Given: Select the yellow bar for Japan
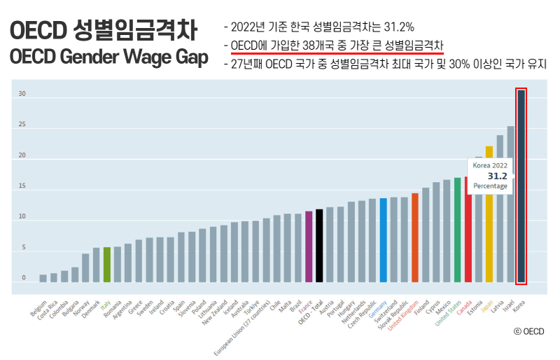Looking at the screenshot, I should click(x=489, y=210).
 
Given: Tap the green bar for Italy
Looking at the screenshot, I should click(x=106, y=264).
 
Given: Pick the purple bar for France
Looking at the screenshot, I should click(x=309, y=246).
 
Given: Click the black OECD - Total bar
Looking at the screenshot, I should click(x=319, y=245).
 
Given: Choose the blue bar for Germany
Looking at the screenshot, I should click(x=383, y=240).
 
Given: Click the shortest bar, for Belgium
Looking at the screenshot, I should click(x=43, y=278).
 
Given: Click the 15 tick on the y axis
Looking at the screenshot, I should click(x=22, y=186).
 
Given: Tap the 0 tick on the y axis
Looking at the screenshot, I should click(x=23, y=278).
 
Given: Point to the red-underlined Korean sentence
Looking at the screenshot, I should click(x=337, y=46).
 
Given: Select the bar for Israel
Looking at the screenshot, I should click(x=510, y=204).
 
